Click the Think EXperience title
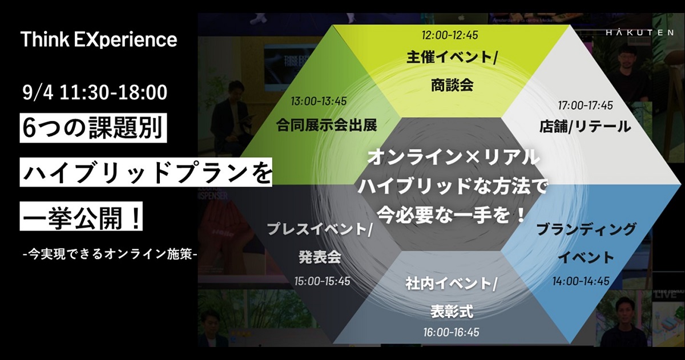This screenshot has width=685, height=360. pyautogui.click(x=98, y=40)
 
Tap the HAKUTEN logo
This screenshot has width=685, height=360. pyautogui.click(x=640, y=32)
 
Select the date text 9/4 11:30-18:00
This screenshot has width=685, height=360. pyautogui.click(x=95, y=92)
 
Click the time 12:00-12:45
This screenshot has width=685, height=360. pyautogui.click(x=450, y=35)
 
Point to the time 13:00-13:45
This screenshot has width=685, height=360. pyautogui.click(x=319, y=101)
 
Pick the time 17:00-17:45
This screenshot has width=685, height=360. pyautogui.click(x=585, y=106)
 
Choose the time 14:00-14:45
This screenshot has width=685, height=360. pyautogui.click(x=581, y=281)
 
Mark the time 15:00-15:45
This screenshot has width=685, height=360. pyautogui.click(x=322, y=281)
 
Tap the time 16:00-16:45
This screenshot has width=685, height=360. pyautogui.click(x=451, y=332)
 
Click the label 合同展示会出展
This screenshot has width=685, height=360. pyautogui.click(x=327, y=126)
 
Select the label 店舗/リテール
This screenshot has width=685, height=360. pyautogui.click(x=585, y=127)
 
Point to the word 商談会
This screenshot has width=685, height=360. pyautogui.click(x=452, y=84)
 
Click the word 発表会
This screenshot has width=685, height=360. pyautogui.click(x=320, y=257)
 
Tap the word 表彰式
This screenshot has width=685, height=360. pyautogui.click(x=452, y=311)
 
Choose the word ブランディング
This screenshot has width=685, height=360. pyautogui.click(x=586, y=229)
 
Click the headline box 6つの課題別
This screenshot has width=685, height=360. pyautogui.click(x=93, y=128)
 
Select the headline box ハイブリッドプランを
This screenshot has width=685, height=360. pyautogui.click(x=146, y=172)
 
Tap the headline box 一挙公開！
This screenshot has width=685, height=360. pyautogui.click(x=81, y=216)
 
